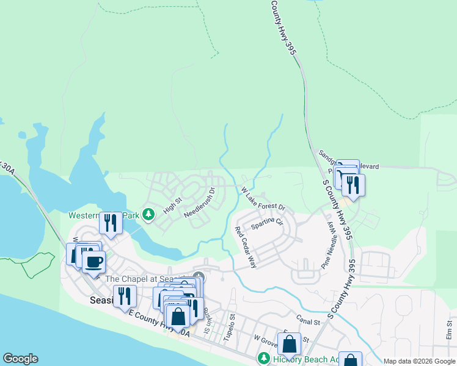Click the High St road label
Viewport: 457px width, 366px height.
(173, 204)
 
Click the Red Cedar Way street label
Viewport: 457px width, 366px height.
(246, 247)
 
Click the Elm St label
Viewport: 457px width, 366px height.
(449, 329)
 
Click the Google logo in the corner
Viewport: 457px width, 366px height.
(20, 359)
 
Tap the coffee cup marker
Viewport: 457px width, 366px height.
(93, 262)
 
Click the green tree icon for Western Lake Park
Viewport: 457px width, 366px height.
(148, 214)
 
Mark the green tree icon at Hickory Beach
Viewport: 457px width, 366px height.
(264, 358)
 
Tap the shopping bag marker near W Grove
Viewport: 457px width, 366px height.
(290, 343)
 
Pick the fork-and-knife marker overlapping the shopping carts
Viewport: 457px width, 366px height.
(353, 184)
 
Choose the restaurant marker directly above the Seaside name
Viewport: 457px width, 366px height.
(125, 296)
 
